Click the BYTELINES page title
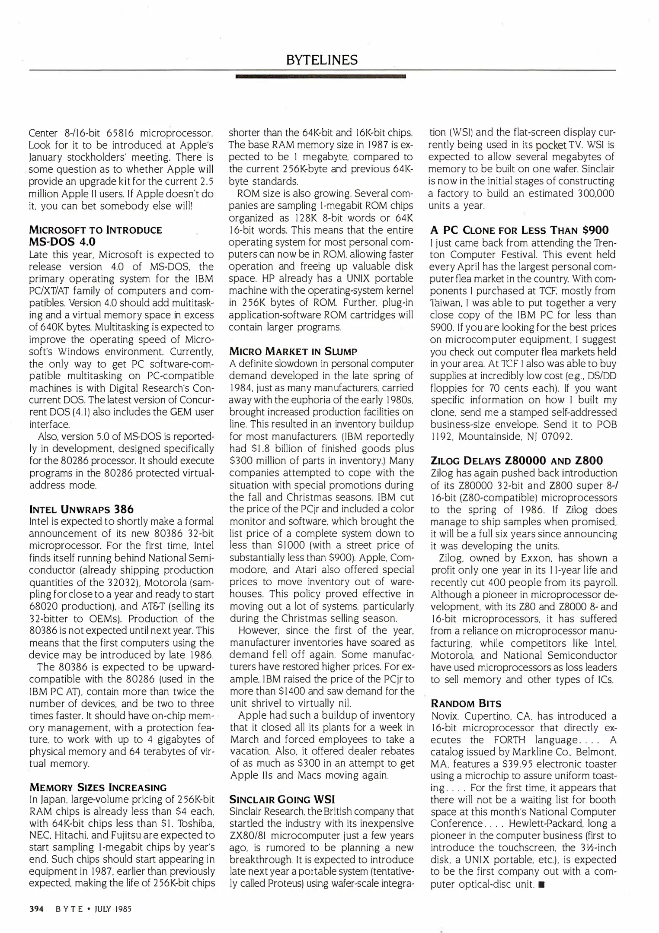(322, 60)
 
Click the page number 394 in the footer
(36, 909)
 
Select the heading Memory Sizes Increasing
(98, 787)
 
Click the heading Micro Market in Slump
(293, 351)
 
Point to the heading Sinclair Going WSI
(282, 799)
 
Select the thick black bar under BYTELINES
(320, 77)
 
